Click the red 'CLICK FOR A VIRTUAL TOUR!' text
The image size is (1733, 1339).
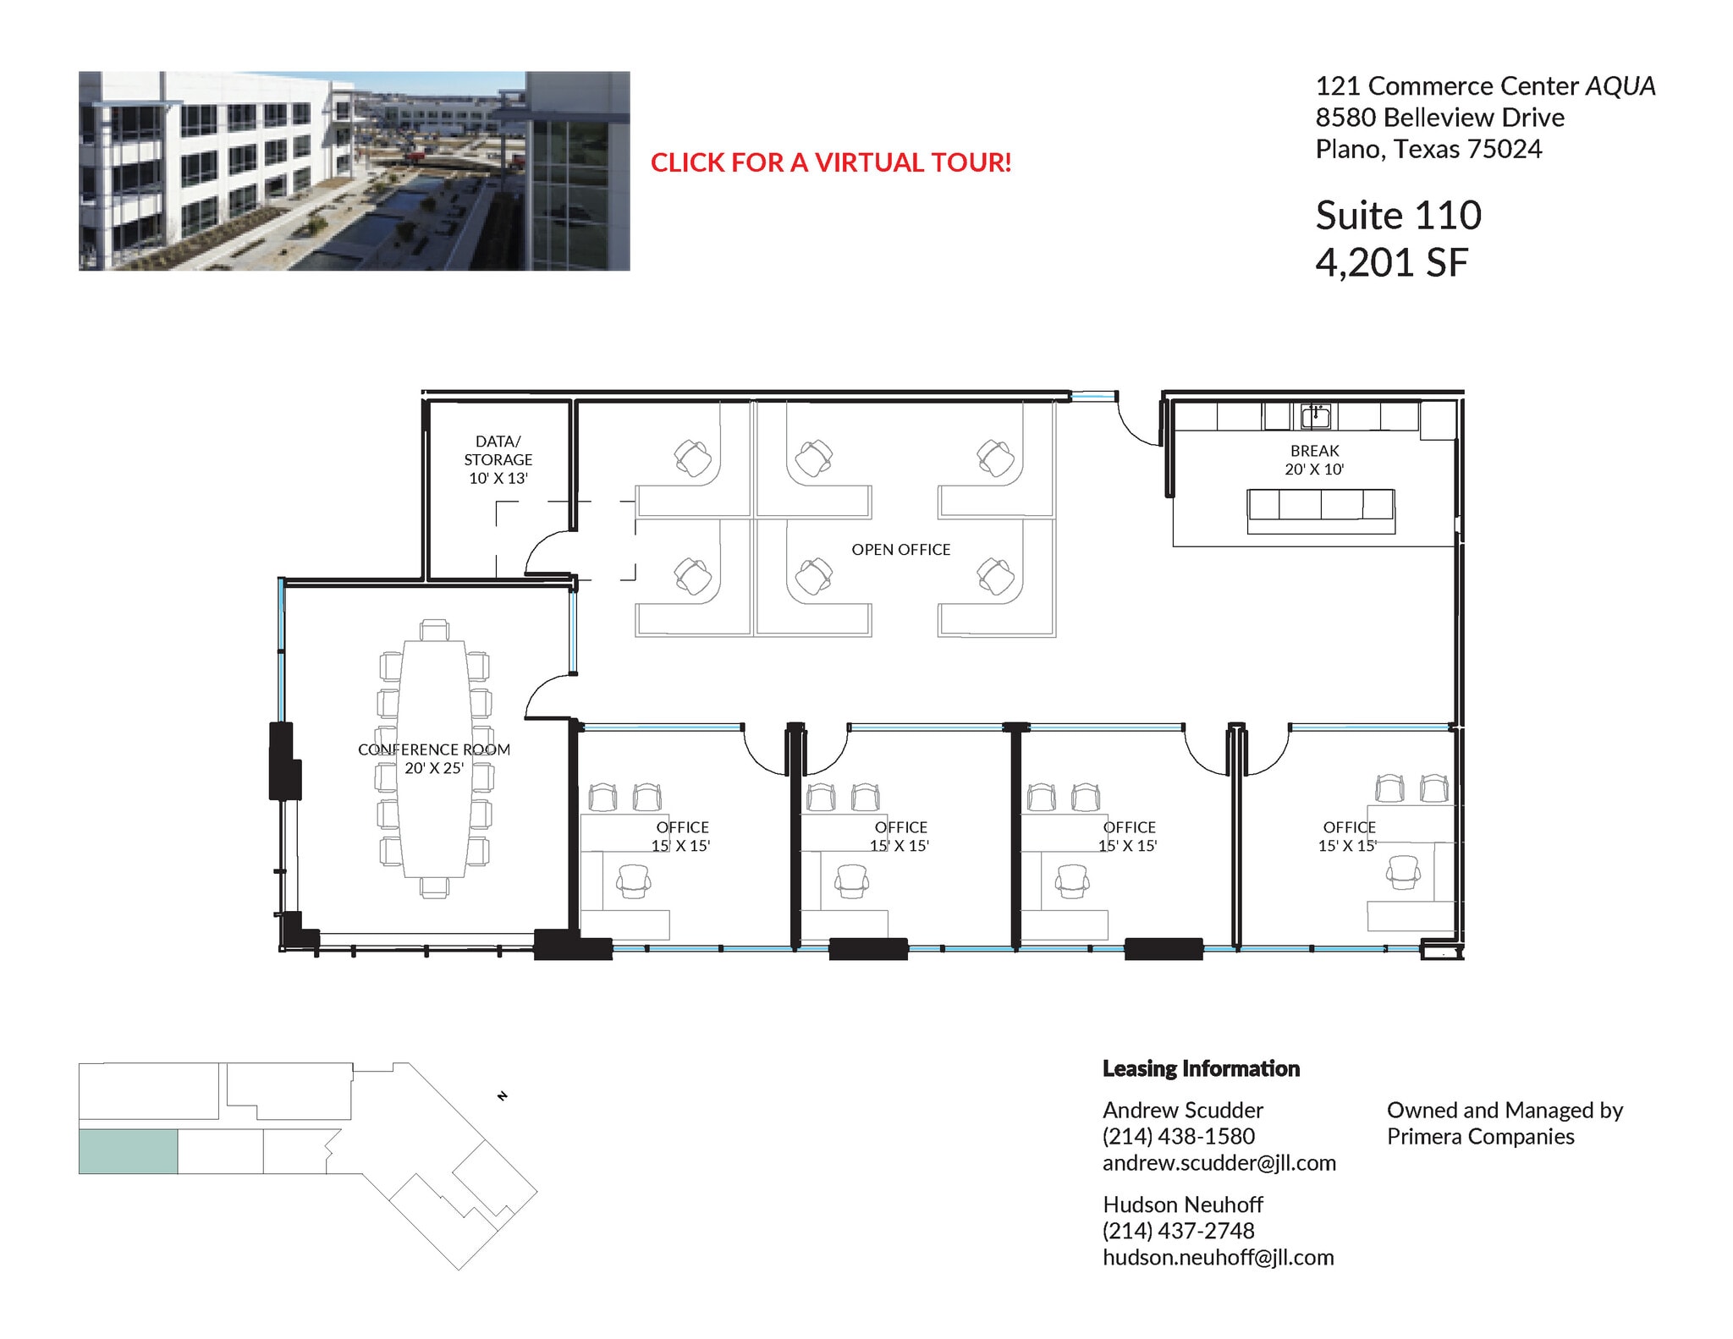(x=830, y=162)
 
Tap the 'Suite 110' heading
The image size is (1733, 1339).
(x=1398, y=216)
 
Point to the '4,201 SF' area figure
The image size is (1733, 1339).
(x=1390, y=263)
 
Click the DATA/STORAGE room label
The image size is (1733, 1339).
(x=498, y=459)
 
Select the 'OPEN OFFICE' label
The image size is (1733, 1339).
(x=900, y=550)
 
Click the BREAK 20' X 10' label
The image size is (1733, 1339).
(x=1314, y=460)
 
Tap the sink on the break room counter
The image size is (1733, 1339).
(x=1315, y=416)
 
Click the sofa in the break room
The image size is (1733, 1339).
(x=1320, y=510)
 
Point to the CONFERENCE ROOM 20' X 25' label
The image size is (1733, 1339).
(x=433, y=759)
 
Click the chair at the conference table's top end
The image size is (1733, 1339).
(x=434, y=630)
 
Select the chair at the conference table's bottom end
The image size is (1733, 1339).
(x=434, y=886)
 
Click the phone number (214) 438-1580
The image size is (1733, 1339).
(x=1178, y=1136)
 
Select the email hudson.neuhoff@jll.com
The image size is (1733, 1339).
(x=1218, y=1258)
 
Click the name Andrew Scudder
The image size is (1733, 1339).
(x=1182, y=1110)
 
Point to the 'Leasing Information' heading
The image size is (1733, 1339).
(x=1200, y=1068)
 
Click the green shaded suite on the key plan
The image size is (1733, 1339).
(x=128, y=1151)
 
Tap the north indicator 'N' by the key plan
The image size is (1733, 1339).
(x=503, y=1096)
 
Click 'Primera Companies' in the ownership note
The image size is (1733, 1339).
(x=1480, y=1136)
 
